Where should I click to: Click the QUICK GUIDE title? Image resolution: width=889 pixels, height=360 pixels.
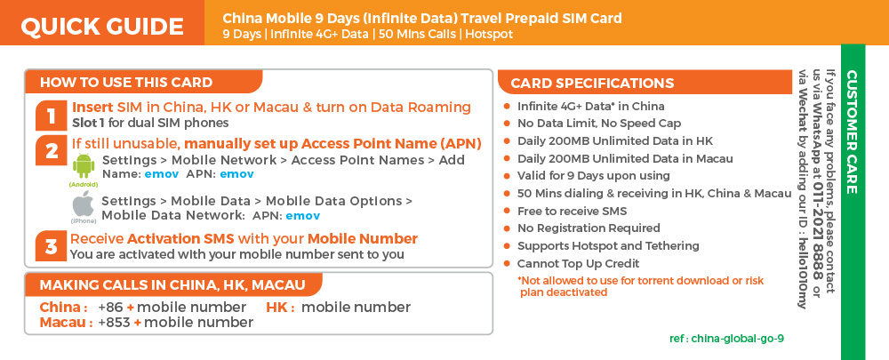(x=102, y=27)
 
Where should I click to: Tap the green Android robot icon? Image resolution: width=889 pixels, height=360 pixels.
(x=84, y=167)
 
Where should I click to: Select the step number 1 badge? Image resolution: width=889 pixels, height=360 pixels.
(x=52, y=116)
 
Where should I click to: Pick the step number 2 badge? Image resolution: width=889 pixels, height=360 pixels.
(x=52, y=151)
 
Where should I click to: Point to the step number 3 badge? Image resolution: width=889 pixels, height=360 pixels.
(x=52, y=246)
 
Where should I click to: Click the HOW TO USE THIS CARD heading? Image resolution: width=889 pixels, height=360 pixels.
(x=126, y=82)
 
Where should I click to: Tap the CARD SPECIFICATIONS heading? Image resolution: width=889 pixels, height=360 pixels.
(x=592, y=84)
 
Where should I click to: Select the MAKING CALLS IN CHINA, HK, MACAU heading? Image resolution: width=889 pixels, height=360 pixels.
(x=172, y=284)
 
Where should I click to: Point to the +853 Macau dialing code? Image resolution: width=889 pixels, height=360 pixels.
(x=114, y=323)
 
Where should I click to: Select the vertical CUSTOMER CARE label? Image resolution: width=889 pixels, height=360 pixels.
(x=852, y=132)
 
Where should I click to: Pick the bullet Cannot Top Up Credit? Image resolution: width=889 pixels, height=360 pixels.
(x=579, y=264)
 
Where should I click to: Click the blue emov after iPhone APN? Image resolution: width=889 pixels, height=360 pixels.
(x=303, y=216)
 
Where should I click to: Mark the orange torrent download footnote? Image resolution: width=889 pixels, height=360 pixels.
(x=642, y=286)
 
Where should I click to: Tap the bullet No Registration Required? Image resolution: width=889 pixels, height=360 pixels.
(x=589, y=228)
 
